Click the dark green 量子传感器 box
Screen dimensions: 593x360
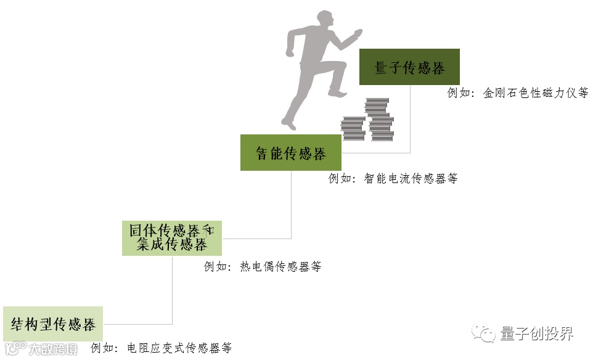pos(409,67)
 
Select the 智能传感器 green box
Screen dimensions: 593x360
pos(290,153)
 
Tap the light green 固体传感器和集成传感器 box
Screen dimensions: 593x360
pos(171,238)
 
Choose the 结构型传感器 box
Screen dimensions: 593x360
pos(53,324)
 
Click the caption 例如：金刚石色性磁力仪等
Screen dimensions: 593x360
pos(518,93)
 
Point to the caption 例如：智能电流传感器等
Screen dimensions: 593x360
pos(393,179)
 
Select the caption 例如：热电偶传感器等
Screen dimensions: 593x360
pos(263,267)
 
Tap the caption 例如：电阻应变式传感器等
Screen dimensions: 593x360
pos(161,348)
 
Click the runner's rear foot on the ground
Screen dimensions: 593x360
pos(288,125)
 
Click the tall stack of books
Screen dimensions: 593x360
pos(379,120)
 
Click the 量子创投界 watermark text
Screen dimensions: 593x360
pos(536,333)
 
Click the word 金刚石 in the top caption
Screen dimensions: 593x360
pos(499,93)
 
